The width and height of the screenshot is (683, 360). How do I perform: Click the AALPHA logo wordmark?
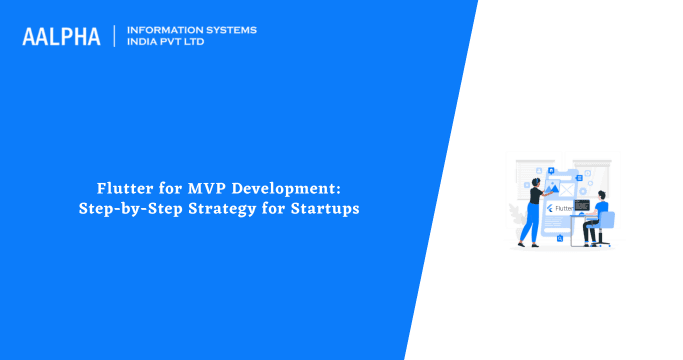[61, 36]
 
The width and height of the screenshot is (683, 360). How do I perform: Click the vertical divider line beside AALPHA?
[115, 36]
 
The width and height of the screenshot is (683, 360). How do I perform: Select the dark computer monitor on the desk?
[581, 205]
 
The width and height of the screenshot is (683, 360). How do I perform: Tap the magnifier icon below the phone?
[560, 238]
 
